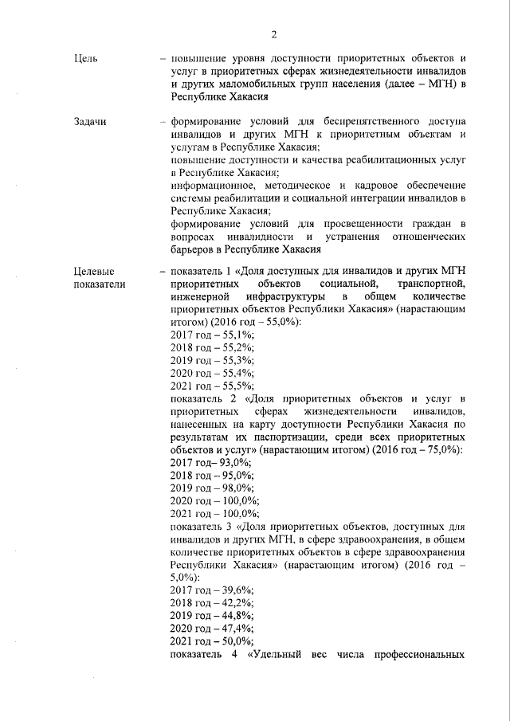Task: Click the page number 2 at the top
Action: coord(273,33)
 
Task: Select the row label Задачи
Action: coord(89,122)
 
